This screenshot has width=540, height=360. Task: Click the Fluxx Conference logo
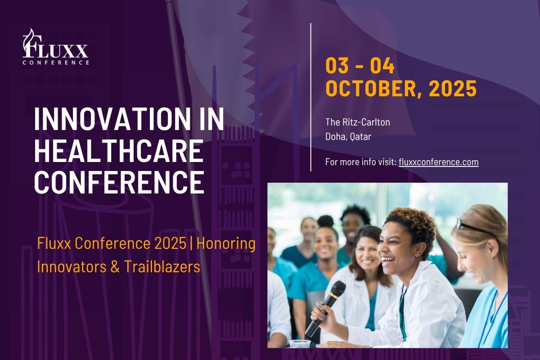click(x=56, y=46)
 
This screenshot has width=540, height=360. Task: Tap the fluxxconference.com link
click(x=438, y=162)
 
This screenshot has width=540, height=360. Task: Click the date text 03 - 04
click(x=360, y=66)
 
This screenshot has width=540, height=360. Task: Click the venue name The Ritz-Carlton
click(x=357, y=122)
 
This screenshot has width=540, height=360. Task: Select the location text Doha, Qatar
click(x=348, y=137)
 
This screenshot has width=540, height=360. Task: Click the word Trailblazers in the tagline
click(x=162, y=267)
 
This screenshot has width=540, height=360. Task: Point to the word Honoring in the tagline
click(x=226, y=244)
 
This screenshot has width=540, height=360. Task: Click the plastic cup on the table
click(x=299, y=343)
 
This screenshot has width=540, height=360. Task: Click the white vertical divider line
click(x=311, y=97)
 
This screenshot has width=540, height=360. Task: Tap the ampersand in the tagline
click(x=115, y=267)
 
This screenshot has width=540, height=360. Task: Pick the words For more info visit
click(x=361, y=162)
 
